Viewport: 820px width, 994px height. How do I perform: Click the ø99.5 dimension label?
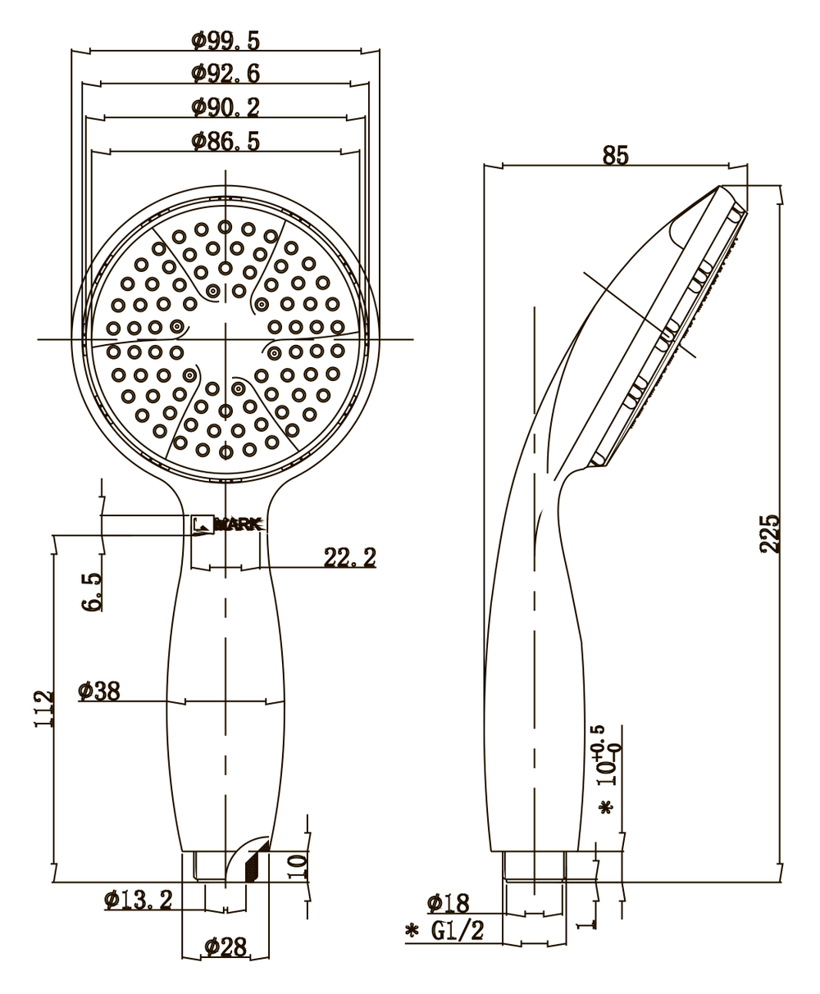click(225, 40)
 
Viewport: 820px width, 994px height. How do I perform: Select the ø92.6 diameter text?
click(225, 74)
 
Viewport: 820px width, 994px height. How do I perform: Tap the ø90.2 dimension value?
click(225, 107)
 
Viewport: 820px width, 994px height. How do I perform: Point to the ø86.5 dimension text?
click(225, 141)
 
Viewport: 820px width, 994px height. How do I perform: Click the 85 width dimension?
click(616, 155)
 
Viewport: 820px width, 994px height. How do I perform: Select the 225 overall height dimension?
click(770, 534)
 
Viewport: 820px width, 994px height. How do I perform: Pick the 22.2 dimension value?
click(349, 558)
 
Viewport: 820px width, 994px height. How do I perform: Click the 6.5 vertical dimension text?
click(93, 591)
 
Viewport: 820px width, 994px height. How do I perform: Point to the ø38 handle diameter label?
click(99, 692)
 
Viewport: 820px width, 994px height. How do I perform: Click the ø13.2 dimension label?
click(138, 901)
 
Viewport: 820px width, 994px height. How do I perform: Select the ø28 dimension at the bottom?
click(225, 947)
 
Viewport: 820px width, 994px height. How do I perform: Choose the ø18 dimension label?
click(448, 904)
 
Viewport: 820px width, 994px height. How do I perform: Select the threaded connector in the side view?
click(534, 866)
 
